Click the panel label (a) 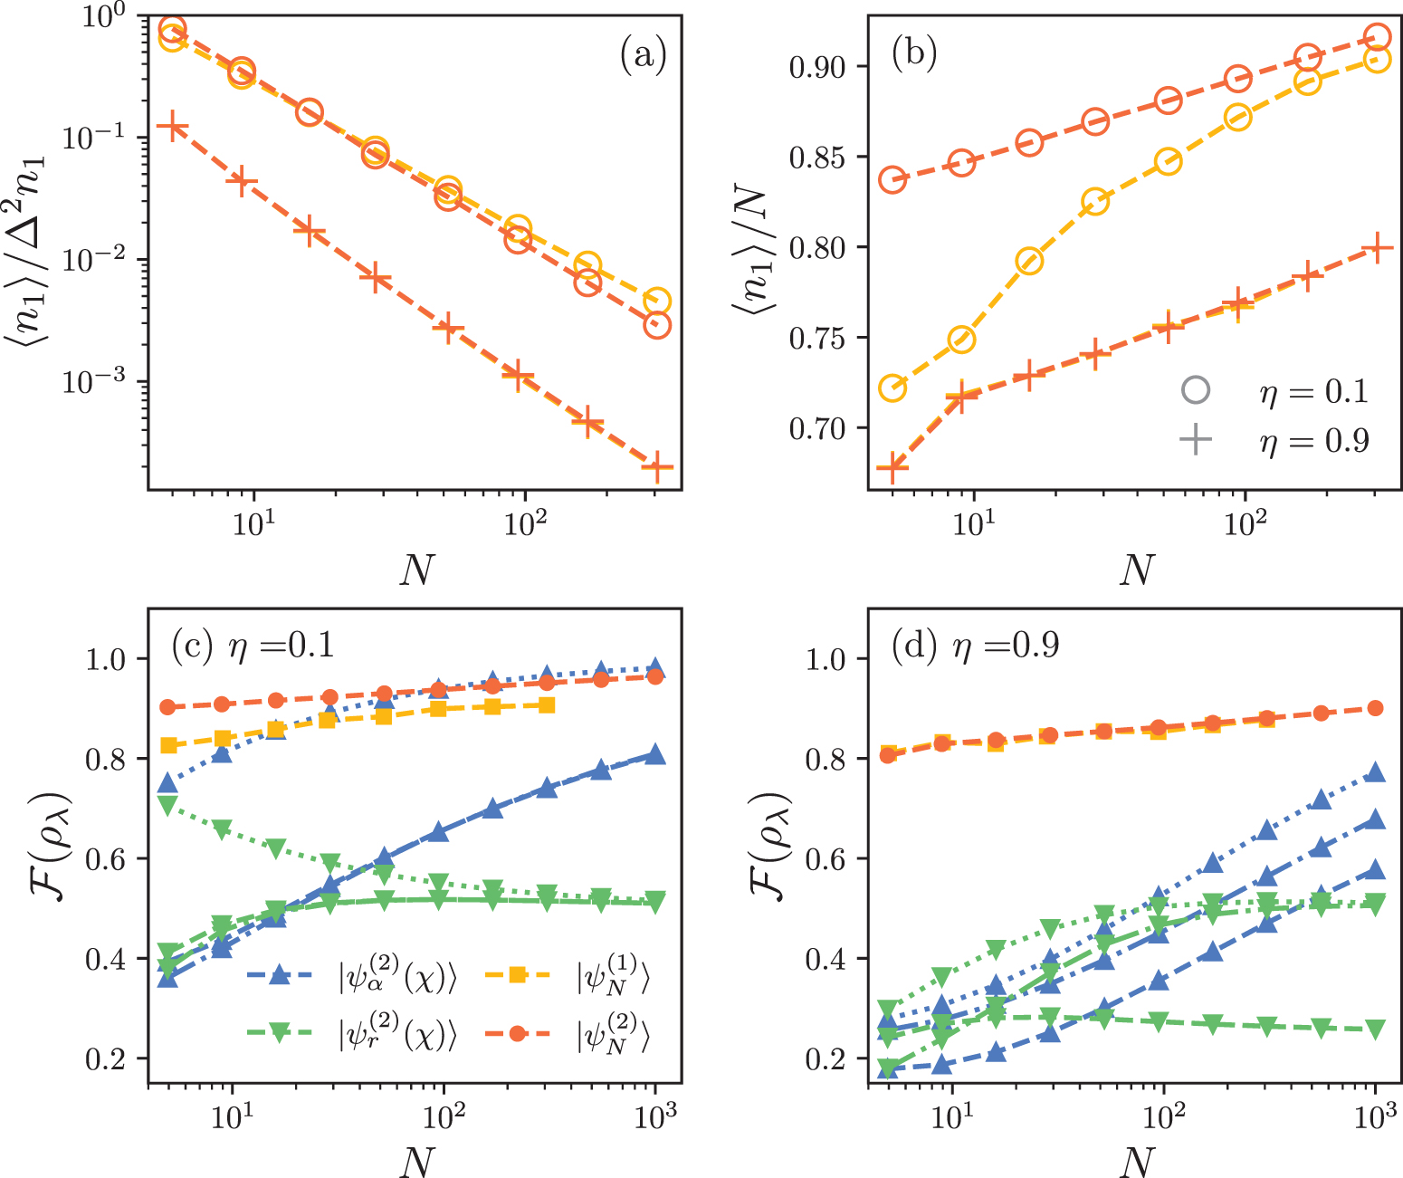(x=643, y=56)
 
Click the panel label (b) (x=913, y=53)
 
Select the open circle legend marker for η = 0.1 (x=1195, y=390)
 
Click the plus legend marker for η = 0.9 (x=1195, y=440)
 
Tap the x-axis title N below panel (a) (x=415, y=570)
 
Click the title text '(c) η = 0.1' (x=253, y=646)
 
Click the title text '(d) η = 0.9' (x=975, y=646)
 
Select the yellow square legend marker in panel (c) (x=517, y=975)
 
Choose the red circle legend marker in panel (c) (x=517, y=1033)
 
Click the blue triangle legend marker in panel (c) (x=280, y=975)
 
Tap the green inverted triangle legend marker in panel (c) (x=280, y=1034)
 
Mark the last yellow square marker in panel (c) (x=546, y=704)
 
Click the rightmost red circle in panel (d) (x=1375, y=708)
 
